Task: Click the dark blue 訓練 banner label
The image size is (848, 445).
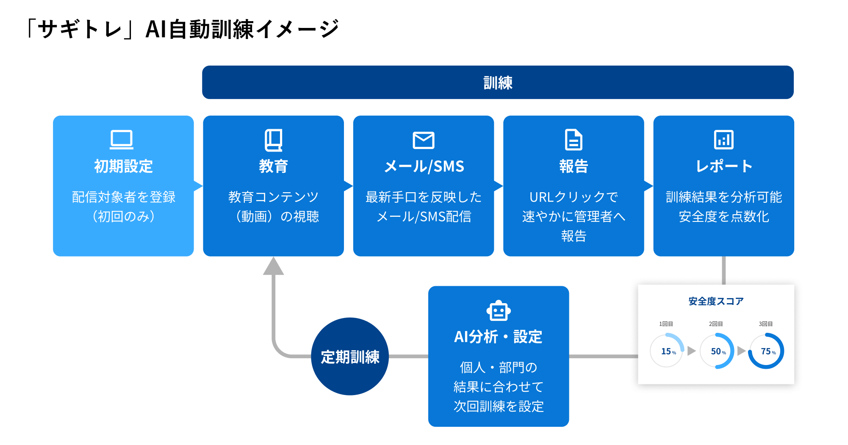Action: (498, 83)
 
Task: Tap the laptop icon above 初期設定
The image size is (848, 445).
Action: (122, 140)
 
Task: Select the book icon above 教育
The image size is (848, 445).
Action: (274, 140)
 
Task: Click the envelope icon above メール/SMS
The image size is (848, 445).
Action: (424, 140)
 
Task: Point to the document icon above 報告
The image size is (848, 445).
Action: (574, 140)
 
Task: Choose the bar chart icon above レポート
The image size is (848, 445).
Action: (723, 140)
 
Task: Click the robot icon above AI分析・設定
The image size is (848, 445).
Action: (499, 312)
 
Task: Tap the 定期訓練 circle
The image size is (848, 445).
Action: (350, 357)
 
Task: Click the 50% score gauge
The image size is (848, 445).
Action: (717, 351)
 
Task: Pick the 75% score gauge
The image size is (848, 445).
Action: (767, 351)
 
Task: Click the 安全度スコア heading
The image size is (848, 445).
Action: (716, 301)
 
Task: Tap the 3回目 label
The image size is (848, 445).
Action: (766, 324)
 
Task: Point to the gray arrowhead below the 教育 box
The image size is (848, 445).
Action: (274, 267)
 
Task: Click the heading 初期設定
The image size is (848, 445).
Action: (123, 166)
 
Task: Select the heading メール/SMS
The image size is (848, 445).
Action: (424, 166)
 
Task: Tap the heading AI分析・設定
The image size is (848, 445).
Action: (498, 337)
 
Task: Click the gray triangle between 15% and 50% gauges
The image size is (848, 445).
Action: (691, 351)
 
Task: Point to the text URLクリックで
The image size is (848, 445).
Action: (574, 197)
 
